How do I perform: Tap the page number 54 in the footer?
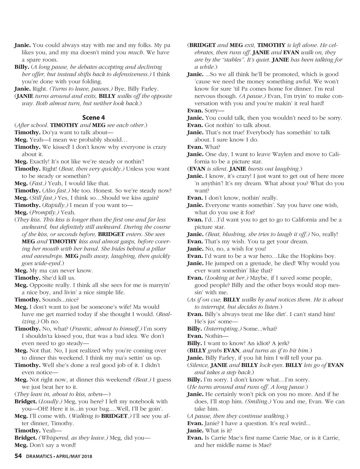(x=18, y=456)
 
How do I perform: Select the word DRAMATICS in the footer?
(x=39, y=456)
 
